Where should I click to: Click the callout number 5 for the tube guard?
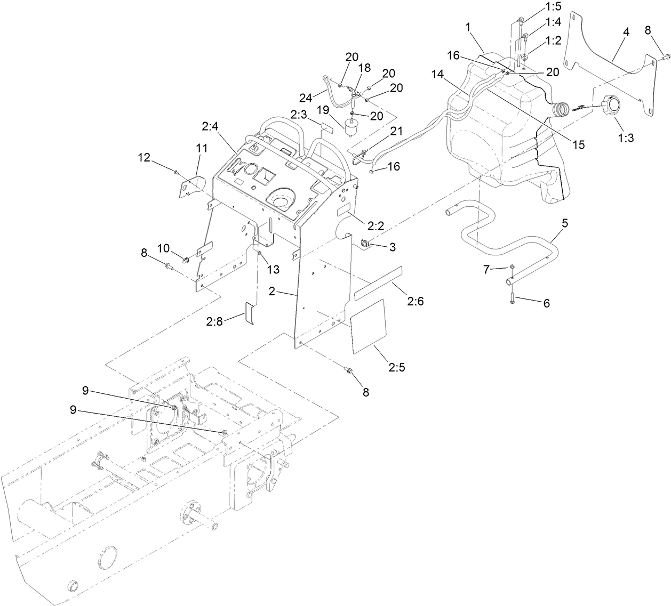pos(564,223)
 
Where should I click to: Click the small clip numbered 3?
pos(364,244)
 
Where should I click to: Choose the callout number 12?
pos(145,157)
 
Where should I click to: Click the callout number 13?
pos(273,270)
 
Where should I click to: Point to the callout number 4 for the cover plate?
pos(626,33)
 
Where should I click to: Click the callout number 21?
pos(396,131)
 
